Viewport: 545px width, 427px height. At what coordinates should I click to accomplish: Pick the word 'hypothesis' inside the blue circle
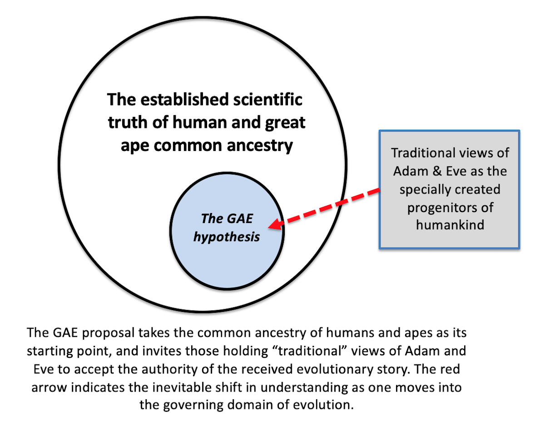pos(227,236)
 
